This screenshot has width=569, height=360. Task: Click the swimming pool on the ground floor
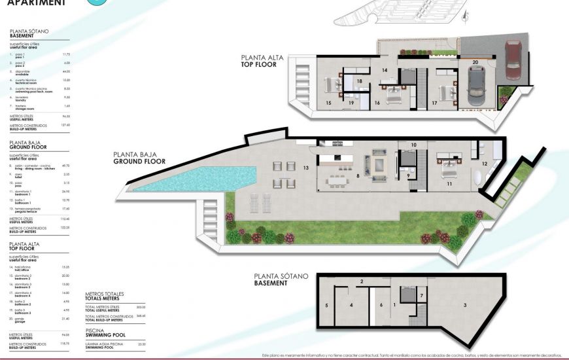pyautogui.click(x=196, y=179)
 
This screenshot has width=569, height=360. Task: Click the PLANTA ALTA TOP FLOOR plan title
pyautogui.click(x=262, y=62)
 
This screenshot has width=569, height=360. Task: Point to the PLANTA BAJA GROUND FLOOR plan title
pyautogui.click(x=139, y=158)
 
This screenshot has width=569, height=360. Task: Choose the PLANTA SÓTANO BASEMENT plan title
pyautogui.click(x=281, y=279)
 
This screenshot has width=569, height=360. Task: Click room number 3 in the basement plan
pyautogui.click(x=465, y=305)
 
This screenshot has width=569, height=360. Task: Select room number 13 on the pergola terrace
pyautogui.click(x=305, y=168)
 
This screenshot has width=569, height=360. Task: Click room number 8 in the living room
pyautogui.click(x=358, y=175)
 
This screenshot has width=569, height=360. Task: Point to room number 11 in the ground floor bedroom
pyautogui.click(x=449, y=184)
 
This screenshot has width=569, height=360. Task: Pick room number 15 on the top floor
pyautogui.click(x=328, y=103)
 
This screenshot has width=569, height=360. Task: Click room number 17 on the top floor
pyautogui.click(x=434, y=103)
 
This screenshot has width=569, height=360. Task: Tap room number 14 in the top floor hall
pyautogui.click(x=385, y=69)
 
